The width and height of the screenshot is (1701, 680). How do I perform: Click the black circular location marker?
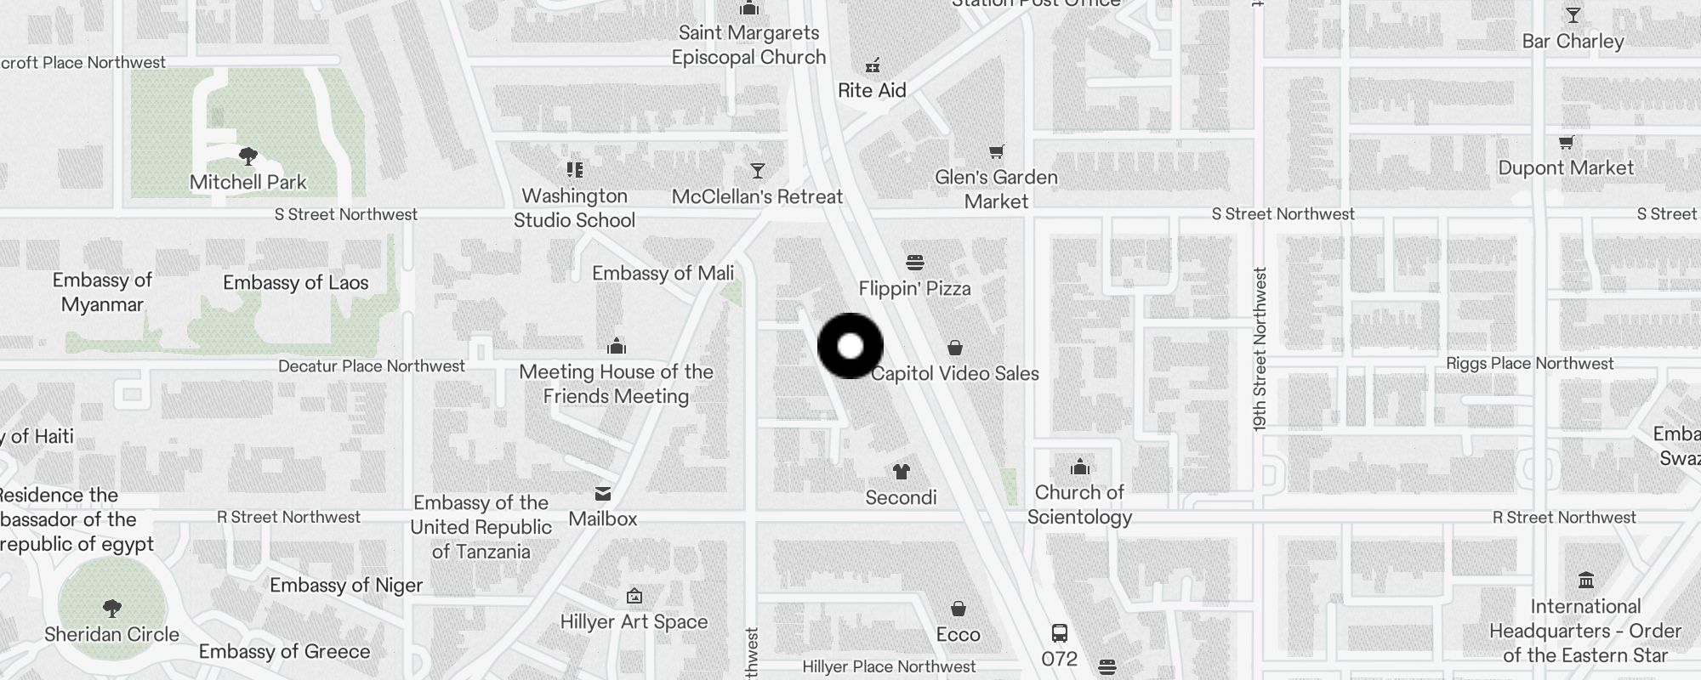850,346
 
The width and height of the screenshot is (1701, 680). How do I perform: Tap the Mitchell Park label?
247,182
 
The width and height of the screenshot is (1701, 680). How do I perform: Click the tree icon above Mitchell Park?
247,156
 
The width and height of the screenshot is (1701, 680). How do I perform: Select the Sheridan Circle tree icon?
111,609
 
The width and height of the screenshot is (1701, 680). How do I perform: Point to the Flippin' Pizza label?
914,288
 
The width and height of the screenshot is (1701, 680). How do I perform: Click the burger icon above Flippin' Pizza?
915,262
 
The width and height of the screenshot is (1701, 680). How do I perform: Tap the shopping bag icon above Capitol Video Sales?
955,348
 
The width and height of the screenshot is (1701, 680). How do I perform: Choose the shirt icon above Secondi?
901,471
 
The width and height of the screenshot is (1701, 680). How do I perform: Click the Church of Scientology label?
1079,504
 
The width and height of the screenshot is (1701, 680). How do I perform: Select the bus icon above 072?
1060,633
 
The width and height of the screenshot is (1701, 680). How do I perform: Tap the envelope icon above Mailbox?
603,494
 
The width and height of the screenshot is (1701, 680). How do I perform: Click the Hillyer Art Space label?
634,621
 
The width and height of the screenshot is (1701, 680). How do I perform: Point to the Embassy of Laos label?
295,282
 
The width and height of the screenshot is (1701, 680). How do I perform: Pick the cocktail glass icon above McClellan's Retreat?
757,171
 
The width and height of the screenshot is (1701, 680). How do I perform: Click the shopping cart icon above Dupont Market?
1566,142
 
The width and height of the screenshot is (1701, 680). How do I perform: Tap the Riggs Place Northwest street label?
1529,363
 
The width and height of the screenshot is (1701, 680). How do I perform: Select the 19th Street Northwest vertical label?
1260,348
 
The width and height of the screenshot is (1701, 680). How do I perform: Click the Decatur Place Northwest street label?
372,365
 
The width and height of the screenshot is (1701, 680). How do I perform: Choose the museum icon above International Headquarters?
1585,581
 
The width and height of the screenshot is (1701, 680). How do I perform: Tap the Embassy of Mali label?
663,273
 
